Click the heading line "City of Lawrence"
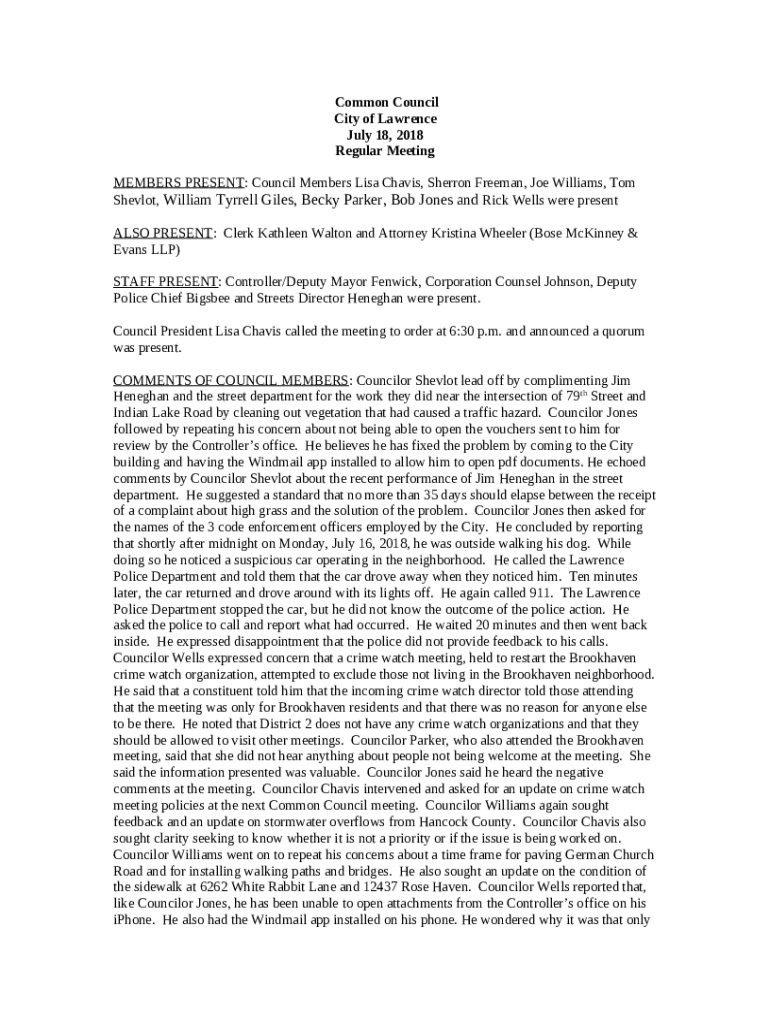tap(385, 119)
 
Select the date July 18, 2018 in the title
tap(385, 135)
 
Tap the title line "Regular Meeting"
tap(385, 151)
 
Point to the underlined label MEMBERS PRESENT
tap(178, 184)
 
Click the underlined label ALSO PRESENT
tap(162, 233)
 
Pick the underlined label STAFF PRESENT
tap(164, 282)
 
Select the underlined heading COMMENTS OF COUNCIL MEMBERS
tap(231, 381)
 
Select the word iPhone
tap(135, 919)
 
